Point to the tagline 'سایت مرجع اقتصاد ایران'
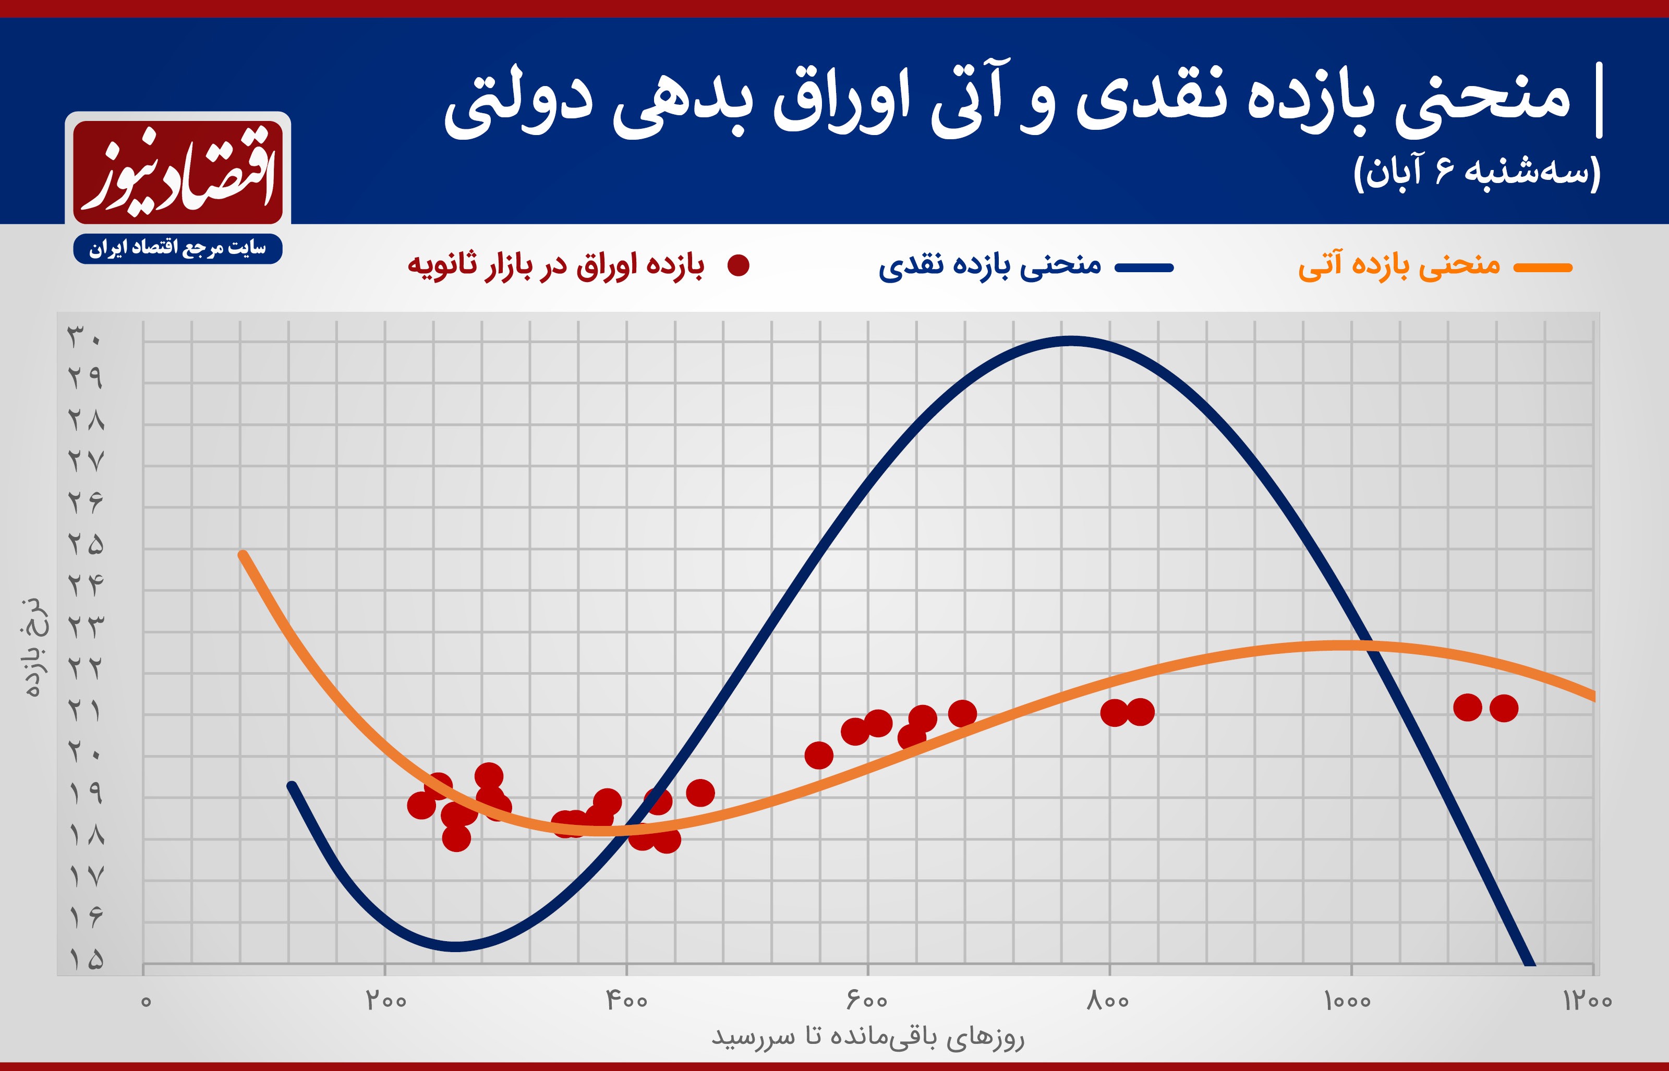click(x=177, y=248)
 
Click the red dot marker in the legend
click(x=738, y=265)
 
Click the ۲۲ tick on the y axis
click(x=86, y=668)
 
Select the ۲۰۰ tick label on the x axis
click(x=386, y=1001)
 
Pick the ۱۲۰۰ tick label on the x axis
click(x=1587, y=1001)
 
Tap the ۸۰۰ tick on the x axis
click(x=1108, y=1001)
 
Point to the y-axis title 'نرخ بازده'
click(x=33, y=647)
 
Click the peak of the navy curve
click(x=1071, y=341)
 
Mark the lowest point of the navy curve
click(x=455, y=946)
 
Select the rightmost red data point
click(x=1504, y=709)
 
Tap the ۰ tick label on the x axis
click(x=146, y=1002)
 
